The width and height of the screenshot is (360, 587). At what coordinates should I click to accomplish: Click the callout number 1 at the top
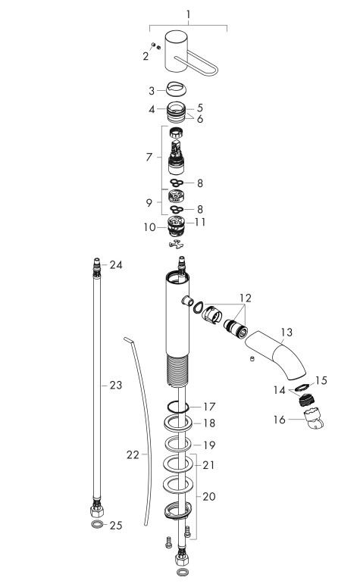(x=189, y=14)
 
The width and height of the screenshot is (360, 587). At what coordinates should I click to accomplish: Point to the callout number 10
(x=151, y=226)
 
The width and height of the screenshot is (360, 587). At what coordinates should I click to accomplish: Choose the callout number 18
(x=209, y=424)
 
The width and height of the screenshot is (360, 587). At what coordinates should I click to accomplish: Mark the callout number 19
(x=209, y=445)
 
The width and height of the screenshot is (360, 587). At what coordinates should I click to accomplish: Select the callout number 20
(x=209, y=495)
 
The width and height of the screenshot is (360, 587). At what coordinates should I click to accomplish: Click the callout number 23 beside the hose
(x=114, y=385)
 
